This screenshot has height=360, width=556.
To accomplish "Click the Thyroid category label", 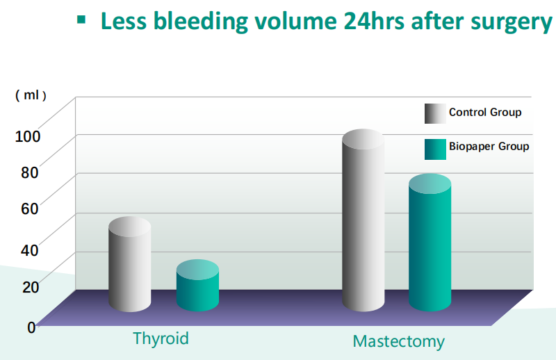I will tap(161, 338).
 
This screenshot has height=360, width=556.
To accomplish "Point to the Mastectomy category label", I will tap(398, 341).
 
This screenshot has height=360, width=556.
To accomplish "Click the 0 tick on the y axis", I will tap(31, 326).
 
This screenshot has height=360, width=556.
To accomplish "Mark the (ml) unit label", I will tap(31, 95).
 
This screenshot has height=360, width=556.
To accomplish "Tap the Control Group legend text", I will tap(484, 112).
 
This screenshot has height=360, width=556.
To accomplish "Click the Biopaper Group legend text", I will tap(489, 147).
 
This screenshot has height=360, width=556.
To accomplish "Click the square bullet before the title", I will tap(82, 21).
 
